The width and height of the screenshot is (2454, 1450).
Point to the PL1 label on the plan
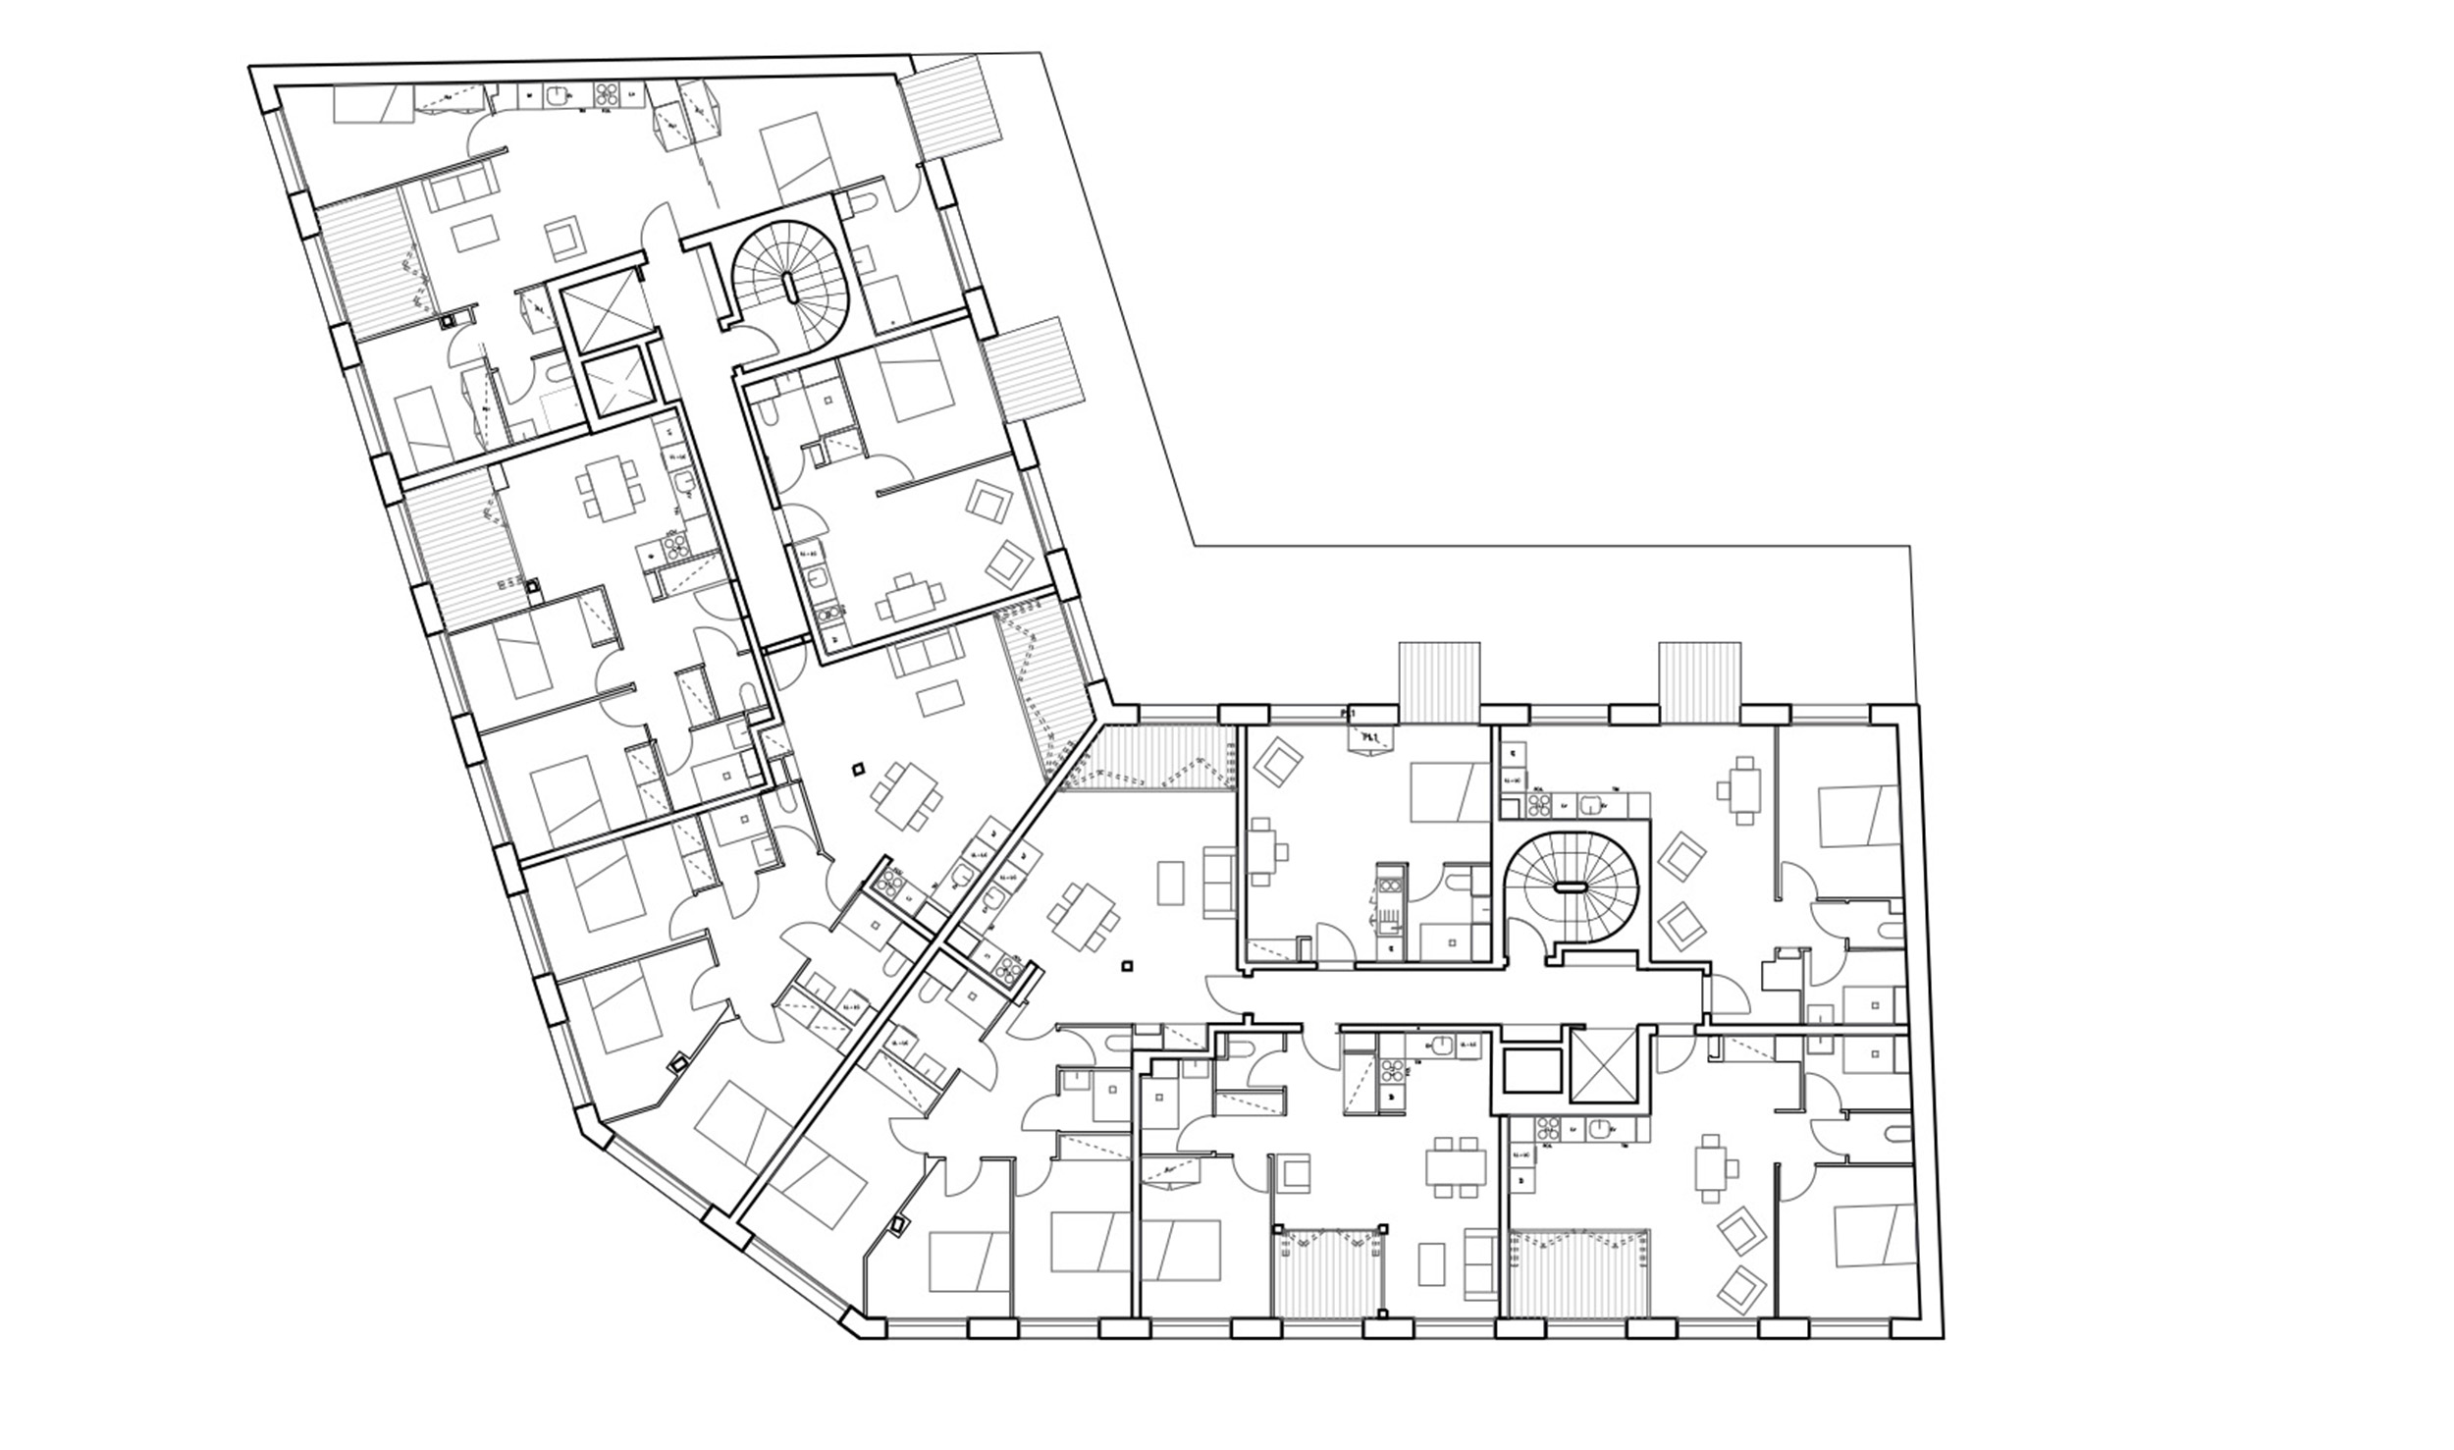coord(1369,737)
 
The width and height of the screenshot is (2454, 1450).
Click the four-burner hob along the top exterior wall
coord(606,95)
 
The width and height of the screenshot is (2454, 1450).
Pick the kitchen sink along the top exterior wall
coord(560,95)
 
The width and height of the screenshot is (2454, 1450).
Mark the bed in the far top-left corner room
coord(373,103)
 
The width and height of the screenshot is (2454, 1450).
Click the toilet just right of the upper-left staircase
coord(866,203)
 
